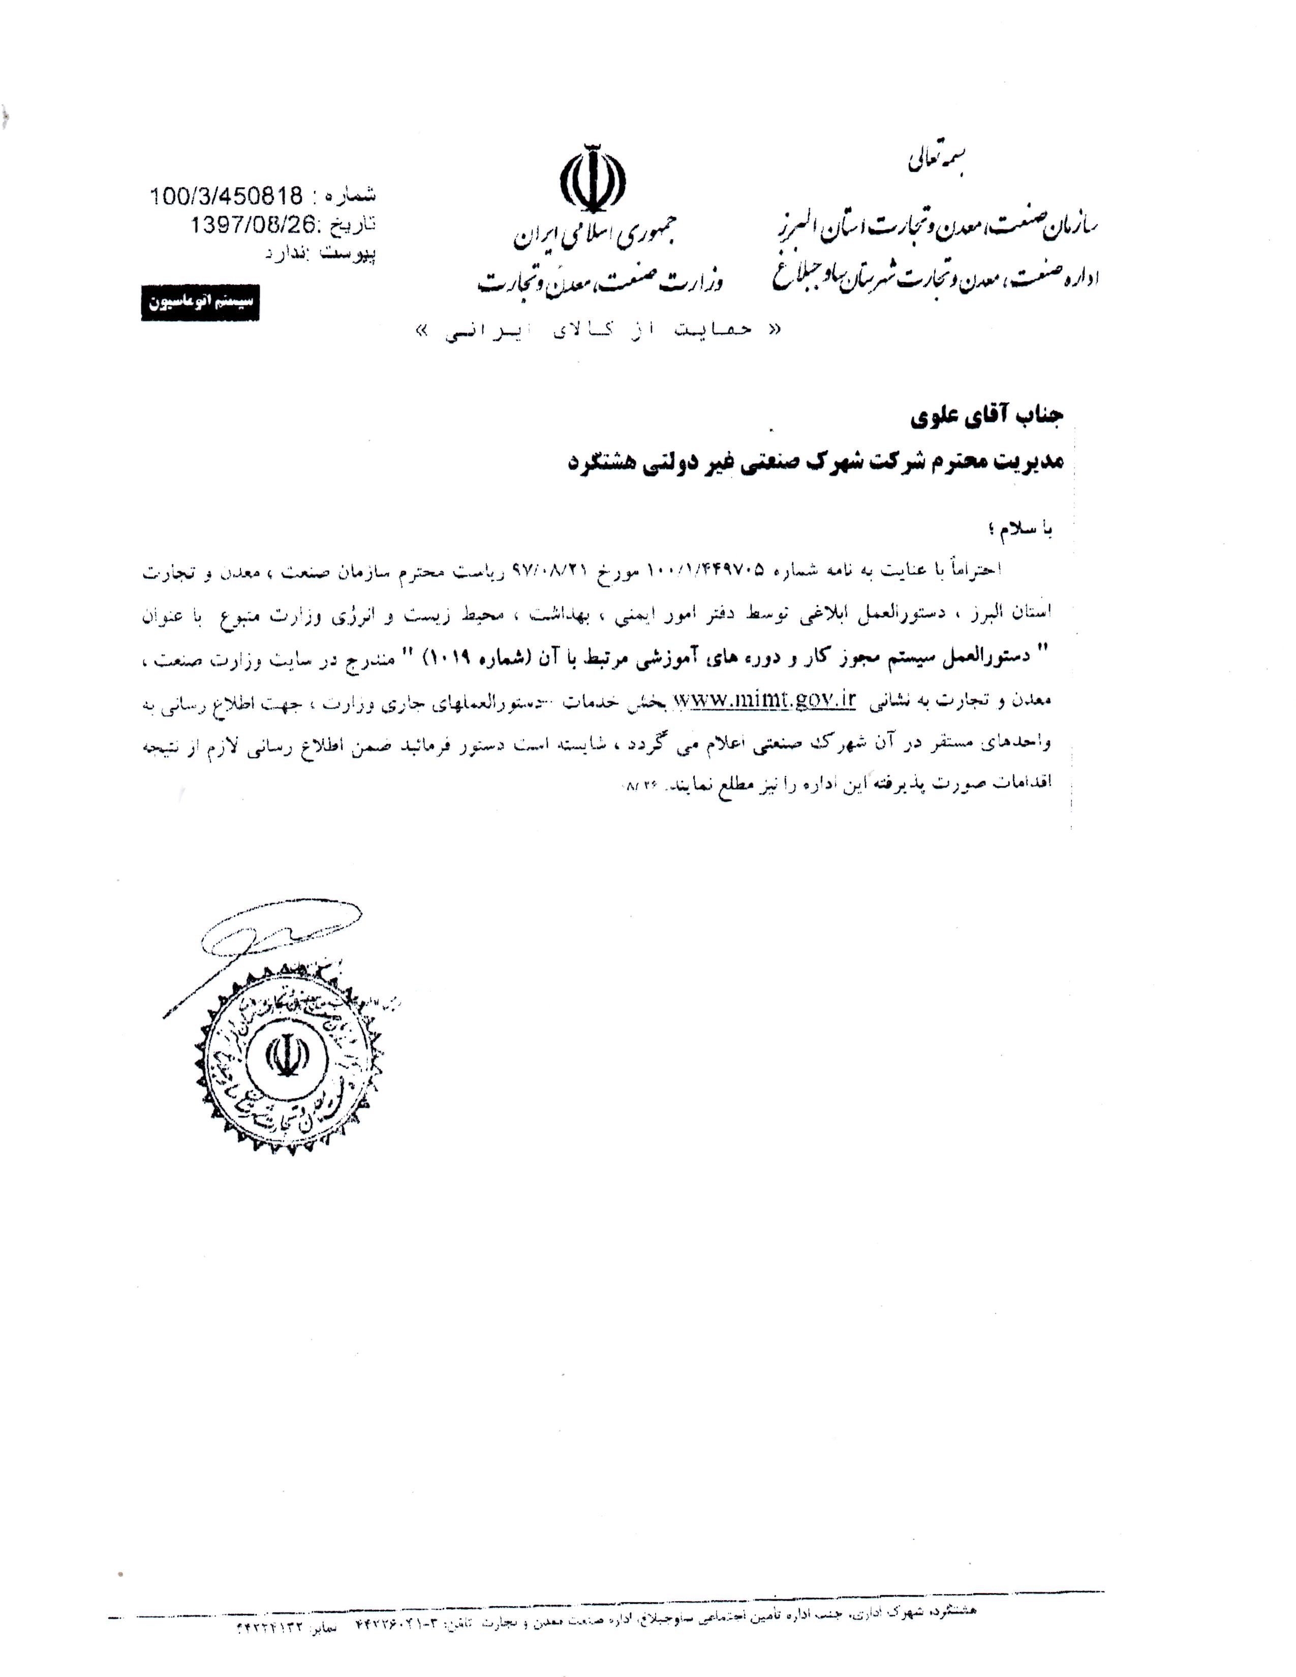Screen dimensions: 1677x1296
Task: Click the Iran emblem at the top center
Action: coord(592,179)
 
